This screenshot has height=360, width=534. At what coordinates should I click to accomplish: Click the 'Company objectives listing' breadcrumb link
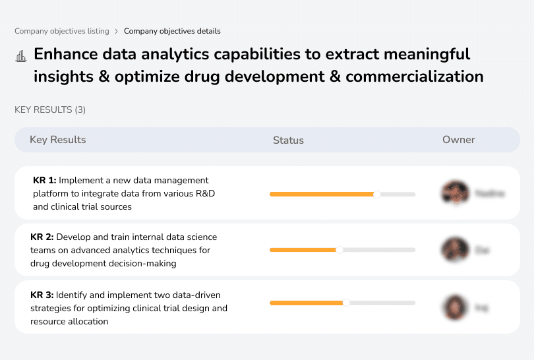point(62,31)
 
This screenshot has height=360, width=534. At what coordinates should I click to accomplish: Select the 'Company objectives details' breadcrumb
point(172,31)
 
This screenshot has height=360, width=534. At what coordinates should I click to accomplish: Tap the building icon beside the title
point(20,56)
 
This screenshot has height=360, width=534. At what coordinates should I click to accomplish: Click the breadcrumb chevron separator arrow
point(117,31)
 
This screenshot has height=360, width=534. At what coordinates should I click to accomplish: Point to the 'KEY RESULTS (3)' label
point(50,109)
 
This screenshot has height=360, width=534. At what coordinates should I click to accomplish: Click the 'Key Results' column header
point(57,140)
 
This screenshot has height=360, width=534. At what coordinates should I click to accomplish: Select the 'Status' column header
point(288,140)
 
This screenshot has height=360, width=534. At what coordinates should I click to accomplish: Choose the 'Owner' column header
point(458,140)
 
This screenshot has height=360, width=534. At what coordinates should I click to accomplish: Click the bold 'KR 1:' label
point(45,180)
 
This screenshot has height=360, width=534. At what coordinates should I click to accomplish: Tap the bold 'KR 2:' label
point(42,237)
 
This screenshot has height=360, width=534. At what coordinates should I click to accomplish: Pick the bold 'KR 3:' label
point(42,295)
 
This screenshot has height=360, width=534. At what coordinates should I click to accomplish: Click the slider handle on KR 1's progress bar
point(377,194)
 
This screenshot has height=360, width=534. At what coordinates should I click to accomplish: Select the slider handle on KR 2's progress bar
point(340,250)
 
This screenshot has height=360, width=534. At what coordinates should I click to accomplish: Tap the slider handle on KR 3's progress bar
point(346,303)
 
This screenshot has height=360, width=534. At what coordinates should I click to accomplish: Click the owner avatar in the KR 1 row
point(455,193)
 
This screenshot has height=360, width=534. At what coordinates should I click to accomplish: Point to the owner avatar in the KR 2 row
point(455,250)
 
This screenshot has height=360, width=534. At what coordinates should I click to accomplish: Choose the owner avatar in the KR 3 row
point(455,307)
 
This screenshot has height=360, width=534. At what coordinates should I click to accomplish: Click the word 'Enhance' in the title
point(65,54)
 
